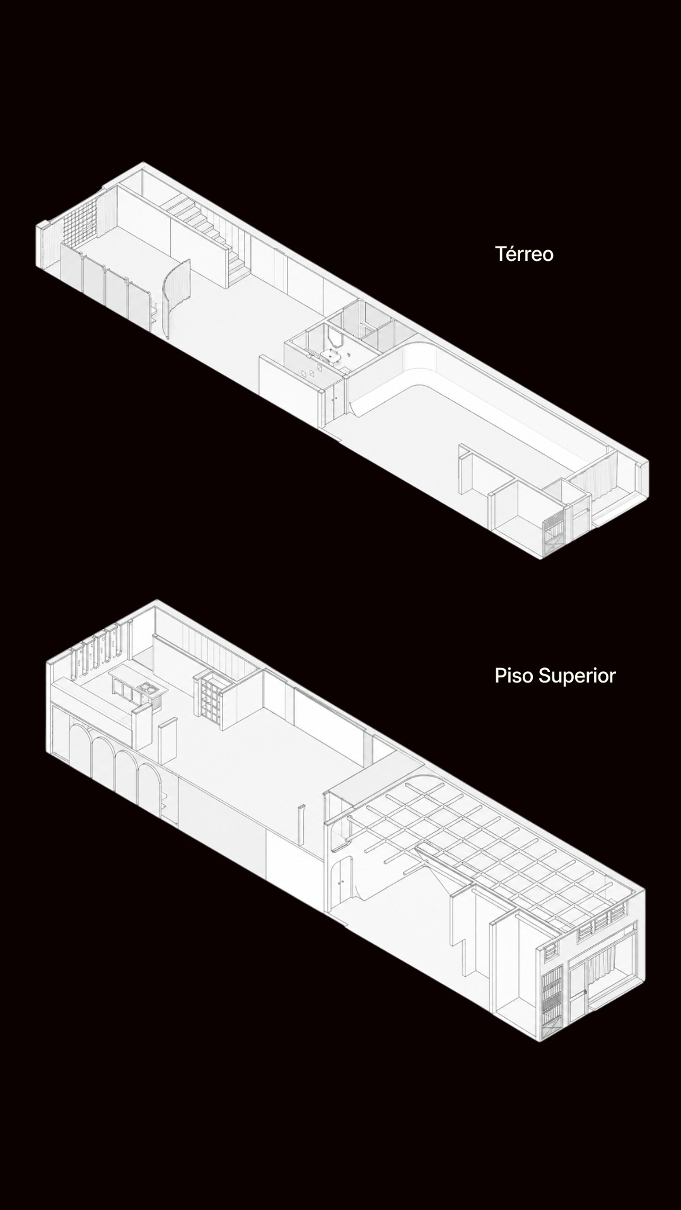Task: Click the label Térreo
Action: tap(524, 253)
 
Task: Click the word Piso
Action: tap(511, 675)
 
